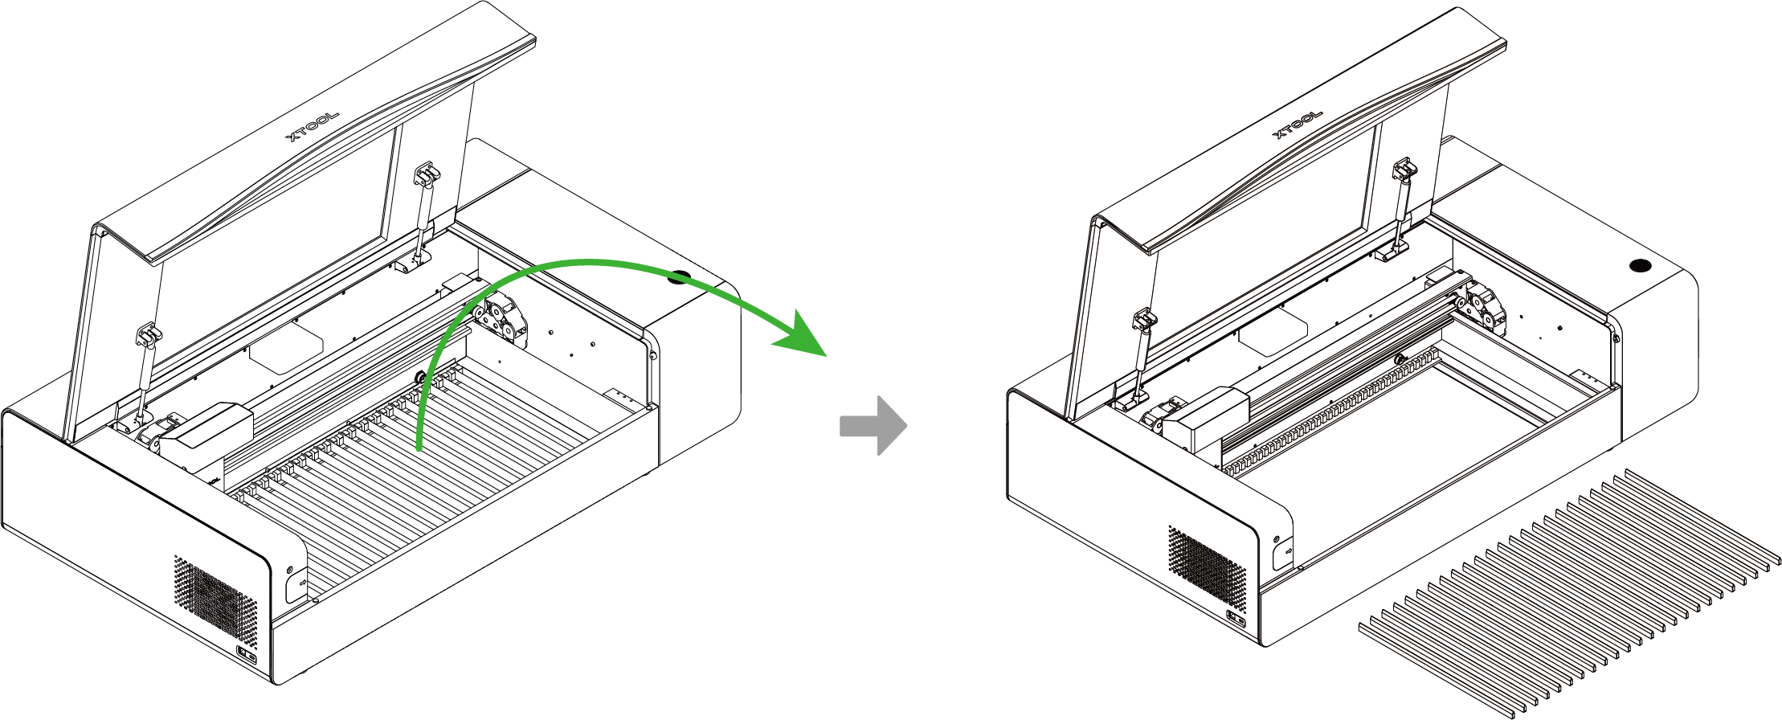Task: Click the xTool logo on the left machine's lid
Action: pyautogui.click(x=313, y=126)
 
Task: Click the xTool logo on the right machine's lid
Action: pyautogui.click(x=1298, y=124)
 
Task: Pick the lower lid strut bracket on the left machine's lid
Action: pyautogui.click(x=149, y=335)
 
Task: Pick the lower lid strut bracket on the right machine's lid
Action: pyautogui.click(x=1145, y=321)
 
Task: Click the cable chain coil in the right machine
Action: pyautogui.click(x=1483, y=307)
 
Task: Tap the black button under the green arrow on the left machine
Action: pyautogui.click(x=679, y=278)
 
